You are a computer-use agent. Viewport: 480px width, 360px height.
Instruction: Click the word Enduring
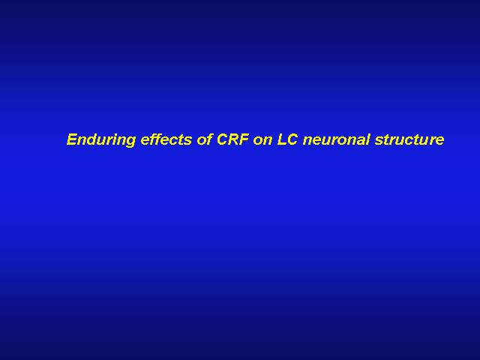click(x=101, y=140)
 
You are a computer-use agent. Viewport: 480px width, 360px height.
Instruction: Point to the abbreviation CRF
click(x=232, y=139)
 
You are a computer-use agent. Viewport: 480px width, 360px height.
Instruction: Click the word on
click(x=262, y=141)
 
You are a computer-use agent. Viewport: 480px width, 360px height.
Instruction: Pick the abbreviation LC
click(x=287, y=139)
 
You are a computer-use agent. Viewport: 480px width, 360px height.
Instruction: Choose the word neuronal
click(x=336, y=139)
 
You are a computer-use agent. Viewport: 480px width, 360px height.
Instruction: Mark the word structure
click(x=409, y=140)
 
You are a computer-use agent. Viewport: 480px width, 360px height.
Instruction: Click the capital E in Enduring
click(x=72, y=139)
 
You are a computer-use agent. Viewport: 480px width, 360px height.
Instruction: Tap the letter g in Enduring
click(x=130, y=142)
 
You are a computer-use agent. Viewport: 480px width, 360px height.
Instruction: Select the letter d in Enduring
click(x=92, y=139)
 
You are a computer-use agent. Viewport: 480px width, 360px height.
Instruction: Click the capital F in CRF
click(x=244, y=139)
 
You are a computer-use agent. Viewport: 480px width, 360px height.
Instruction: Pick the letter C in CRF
click(x=222, y=139)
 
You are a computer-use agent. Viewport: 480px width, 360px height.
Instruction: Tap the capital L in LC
click(x=281, y=139)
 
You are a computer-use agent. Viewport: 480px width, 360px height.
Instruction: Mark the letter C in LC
click(x=292, y=139)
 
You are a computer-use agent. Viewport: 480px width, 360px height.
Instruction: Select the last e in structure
click(x=439, y=141)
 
